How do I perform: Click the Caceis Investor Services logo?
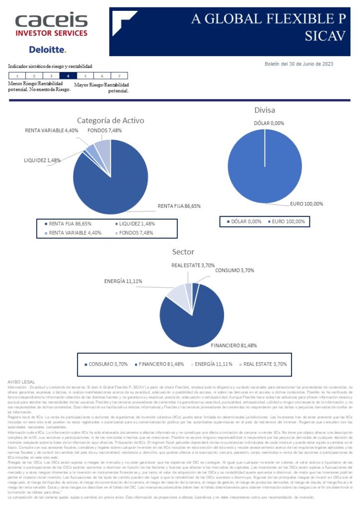(51, 24)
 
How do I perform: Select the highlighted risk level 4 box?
(68, 76)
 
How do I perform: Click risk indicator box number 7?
(119, 76)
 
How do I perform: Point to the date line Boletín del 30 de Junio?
(298, 63)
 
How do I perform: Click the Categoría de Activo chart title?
(110, 120)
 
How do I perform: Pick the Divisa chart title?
(264, 110)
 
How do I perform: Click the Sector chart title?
(183, 252)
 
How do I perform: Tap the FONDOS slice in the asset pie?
(103, 148)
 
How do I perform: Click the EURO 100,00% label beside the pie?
(307, 203)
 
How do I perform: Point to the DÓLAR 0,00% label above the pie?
(269, 123)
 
